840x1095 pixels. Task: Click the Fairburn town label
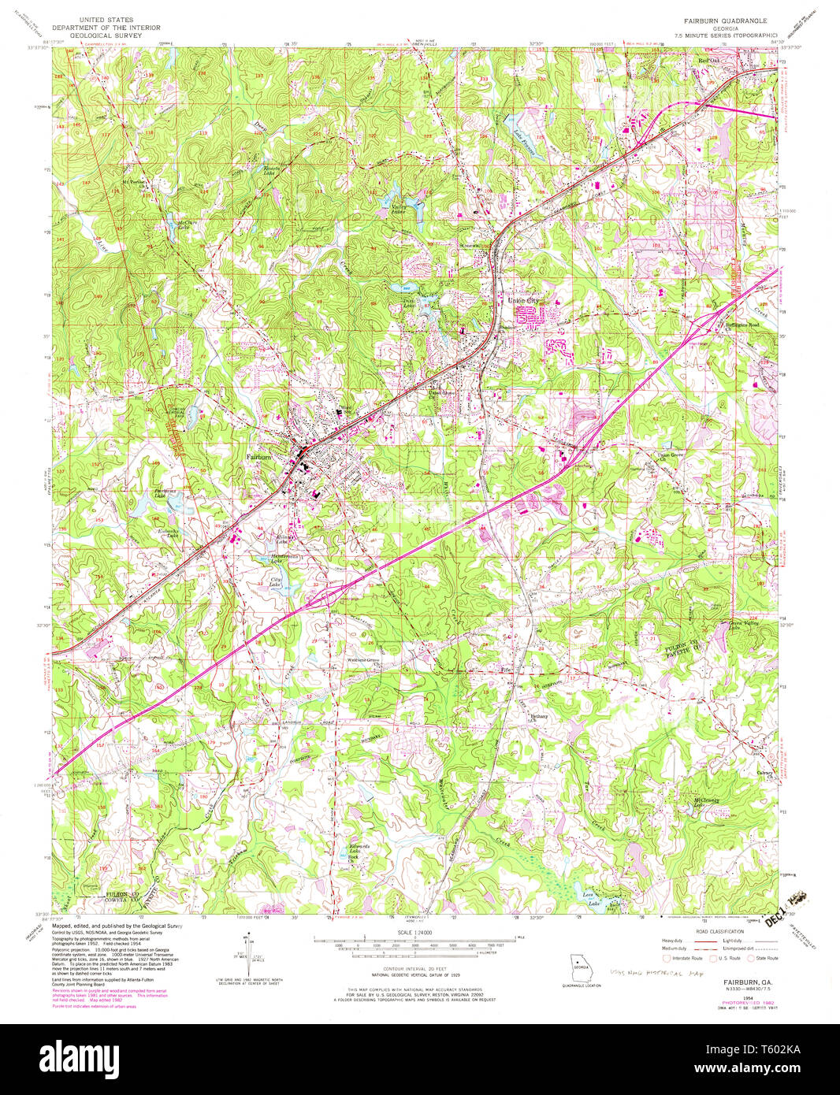coord(260,457)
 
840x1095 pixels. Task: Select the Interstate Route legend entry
coord(686,958)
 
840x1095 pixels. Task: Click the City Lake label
coord(275,582)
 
